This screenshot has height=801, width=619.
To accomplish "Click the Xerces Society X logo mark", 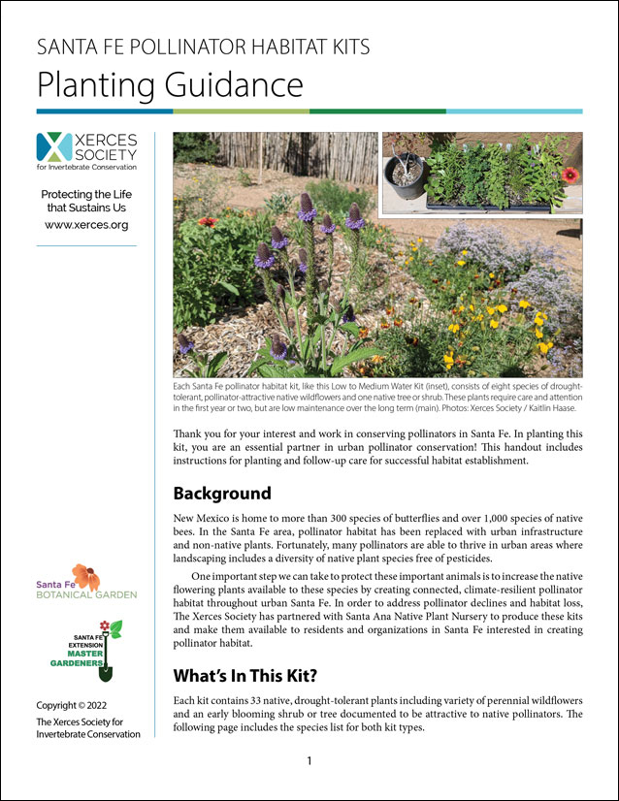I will pos(53,146).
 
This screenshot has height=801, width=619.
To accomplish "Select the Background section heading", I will pos(222,493).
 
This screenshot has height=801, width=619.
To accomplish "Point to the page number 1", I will pos(309,761).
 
